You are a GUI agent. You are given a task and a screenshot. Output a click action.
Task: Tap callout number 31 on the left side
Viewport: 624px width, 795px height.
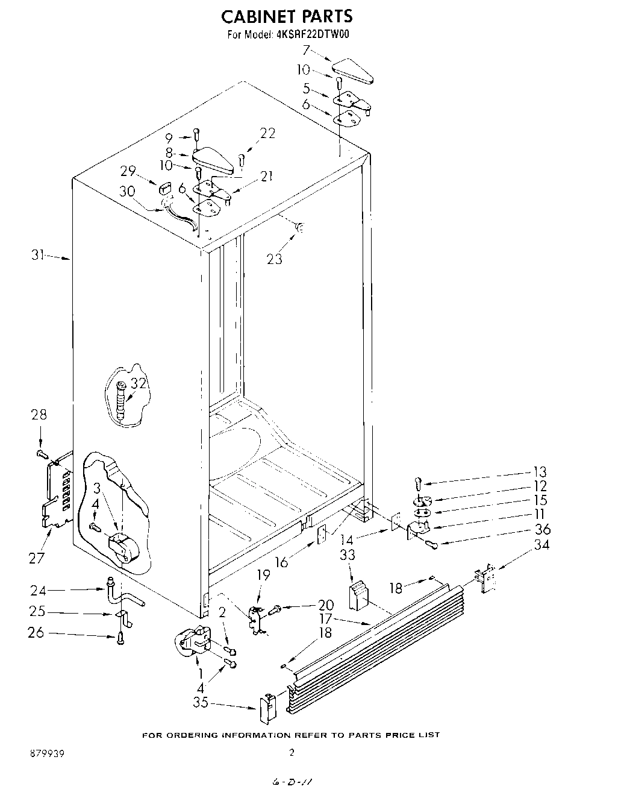(x=39, y=256)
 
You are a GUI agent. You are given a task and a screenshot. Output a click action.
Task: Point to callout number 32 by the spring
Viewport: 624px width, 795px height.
(x=139, y=383)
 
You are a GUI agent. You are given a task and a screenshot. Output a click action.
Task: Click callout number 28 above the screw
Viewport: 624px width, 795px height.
(x=39, y=415)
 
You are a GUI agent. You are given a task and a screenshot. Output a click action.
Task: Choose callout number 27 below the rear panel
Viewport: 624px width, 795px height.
(x=37, y=558)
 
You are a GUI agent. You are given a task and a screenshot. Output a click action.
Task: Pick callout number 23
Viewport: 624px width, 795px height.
(x=275, y=259)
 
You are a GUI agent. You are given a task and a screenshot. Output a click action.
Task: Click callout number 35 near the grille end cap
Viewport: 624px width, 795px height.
(x=201, y=702)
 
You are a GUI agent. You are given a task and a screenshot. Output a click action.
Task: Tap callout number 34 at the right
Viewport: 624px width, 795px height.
(x=541, y=545)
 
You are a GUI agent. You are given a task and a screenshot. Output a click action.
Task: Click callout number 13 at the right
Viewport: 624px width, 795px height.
(x=540, y=471)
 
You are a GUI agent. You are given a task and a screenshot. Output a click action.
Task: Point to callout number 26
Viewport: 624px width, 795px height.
(x=37, y=633)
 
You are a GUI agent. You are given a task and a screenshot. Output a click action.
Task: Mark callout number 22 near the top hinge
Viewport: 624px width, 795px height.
(x=267, y=134)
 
